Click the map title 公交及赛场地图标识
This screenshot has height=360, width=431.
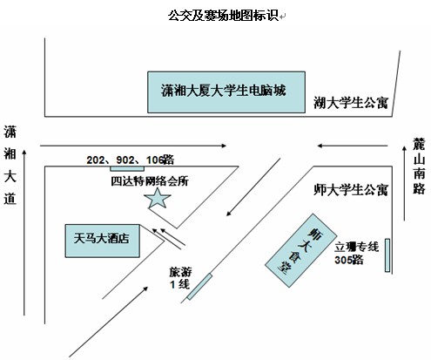click(223, 15)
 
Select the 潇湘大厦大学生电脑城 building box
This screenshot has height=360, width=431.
click(226, 92)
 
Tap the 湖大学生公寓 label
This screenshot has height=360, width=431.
click(351, 103)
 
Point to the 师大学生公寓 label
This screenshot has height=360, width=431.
click(351, 190)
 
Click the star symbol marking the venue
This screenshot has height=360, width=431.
click(158, 199)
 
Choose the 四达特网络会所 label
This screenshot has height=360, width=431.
click(150, 181)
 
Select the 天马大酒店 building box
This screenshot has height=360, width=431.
click(103, 241)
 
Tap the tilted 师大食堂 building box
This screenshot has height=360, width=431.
click(301, 250)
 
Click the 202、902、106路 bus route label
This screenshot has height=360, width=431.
click(131, 160)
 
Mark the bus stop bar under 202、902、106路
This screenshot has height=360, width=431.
click(127, 168)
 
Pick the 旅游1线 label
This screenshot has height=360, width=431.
click(180, 278)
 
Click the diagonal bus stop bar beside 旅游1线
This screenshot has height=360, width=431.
click(199, 287)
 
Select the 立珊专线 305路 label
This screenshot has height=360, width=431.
click(356, 253)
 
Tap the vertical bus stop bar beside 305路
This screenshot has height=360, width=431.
click(387, 255)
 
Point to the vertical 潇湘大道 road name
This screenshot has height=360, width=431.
click(10, 165)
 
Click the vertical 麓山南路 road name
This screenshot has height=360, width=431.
click(419, 166)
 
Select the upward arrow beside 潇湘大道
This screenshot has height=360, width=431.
click(24, 233)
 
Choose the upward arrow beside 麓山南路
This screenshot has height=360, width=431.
click(404, 183)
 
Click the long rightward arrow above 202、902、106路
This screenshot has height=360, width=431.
click(133, 146)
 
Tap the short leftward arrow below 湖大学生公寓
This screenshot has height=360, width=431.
click(353, 146)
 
